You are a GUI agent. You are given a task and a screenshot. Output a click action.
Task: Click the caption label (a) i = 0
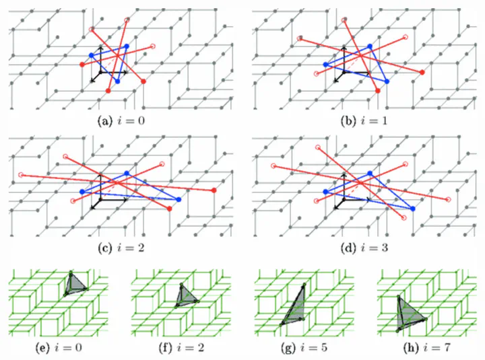[x=121, y=122]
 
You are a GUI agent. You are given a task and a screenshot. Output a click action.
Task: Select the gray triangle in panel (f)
[x=185, y=295]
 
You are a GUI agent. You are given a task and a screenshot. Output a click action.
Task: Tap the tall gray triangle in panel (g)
[x=294, y=306]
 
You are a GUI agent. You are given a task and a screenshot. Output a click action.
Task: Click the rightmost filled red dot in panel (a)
[x=143, y=81]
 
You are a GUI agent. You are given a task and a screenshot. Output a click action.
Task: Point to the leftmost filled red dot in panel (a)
[x=83, y=65]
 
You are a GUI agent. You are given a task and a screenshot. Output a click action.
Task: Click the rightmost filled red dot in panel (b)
[x=422, y=72]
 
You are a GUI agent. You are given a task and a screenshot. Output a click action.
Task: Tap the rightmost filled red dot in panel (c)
[x=214, y=191]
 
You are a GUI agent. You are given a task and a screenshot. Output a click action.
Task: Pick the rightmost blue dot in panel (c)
[x=179, y=200]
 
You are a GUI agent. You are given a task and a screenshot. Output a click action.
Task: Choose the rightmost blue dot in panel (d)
[x=412, y=209]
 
